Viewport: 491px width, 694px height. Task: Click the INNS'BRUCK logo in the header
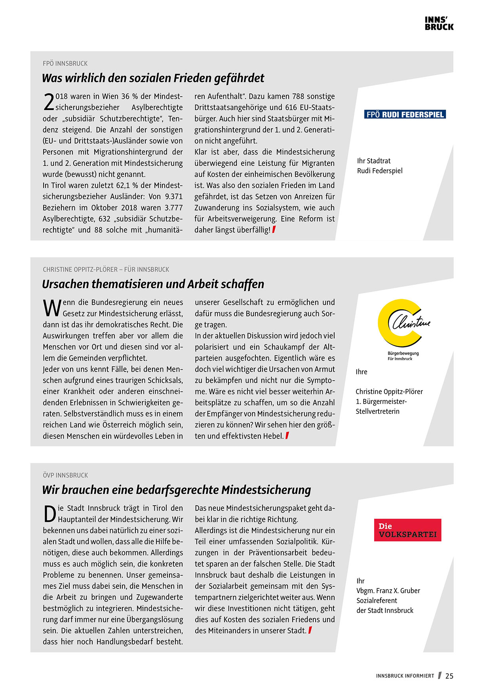coord(439,24)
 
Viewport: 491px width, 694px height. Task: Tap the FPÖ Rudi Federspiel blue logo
coord(405,115)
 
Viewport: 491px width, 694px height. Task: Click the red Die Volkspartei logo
coord(407,530)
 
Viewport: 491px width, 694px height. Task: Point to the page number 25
coord(449,676)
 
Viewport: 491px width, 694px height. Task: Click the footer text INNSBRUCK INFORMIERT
coord(405,676)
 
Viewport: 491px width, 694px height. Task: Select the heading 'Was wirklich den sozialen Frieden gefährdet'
coord(153,78)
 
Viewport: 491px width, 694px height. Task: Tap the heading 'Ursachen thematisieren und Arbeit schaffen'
coord(153,284)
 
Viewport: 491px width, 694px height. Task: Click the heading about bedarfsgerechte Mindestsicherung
coord(176,490)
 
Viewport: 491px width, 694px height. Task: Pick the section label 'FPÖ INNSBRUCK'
coord(65,64)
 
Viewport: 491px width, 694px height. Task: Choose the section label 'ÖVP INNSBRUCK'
coord(65,475)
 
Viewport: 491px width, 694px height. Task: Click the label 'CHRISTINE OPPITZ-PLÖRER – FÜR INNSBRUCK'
coord(106,269)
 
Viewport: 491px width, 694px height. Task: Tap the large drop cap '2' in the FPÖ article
coord(49,102)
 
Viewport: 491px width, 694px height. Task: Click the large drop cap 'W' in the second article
coord(52,308)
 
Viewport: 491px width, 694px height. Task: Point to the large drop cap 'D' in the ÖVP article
coord(50,514)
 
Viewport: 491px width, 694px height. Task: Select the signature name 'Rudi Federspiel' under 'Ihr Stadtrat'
coord(380,171)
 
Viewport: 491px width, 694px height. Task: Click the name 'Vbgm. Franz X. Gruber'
coord(388,591)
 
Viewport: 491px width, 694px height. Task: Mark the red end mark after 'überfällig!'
coord(274,229)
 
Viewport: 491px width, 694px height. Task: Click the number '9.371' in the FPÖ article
coord(174,197)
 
